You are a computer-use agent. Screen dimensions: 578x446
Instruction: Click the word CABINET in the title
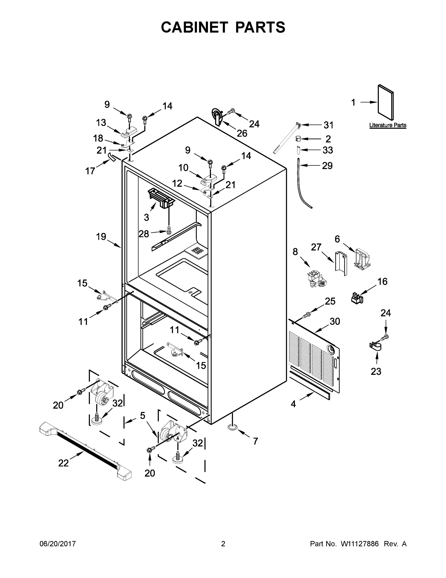coord(194,27)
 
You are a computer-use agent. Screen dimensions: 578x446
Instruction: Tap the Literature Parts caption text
coord(388,125)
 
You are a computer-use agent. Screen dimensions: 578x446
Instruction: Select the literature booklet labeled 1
coord(386,103)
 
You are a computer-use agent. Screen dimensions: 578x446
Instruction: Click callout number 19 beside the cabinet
coord(101,236)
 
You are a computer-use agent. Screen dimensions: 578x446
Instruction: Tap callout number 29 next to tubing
coord(327,166)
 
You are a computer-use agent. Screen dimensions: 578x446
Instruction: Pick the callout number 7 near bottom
coord(255,441)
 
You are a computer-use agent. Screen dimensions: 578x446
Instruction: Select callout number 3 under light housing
coord(146,217)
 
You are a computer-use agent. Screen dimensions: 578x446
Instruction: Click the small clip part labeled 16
coord(357,298)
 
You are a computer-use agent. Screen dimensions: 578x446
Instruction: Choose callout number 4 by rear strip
coord(293,404)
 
